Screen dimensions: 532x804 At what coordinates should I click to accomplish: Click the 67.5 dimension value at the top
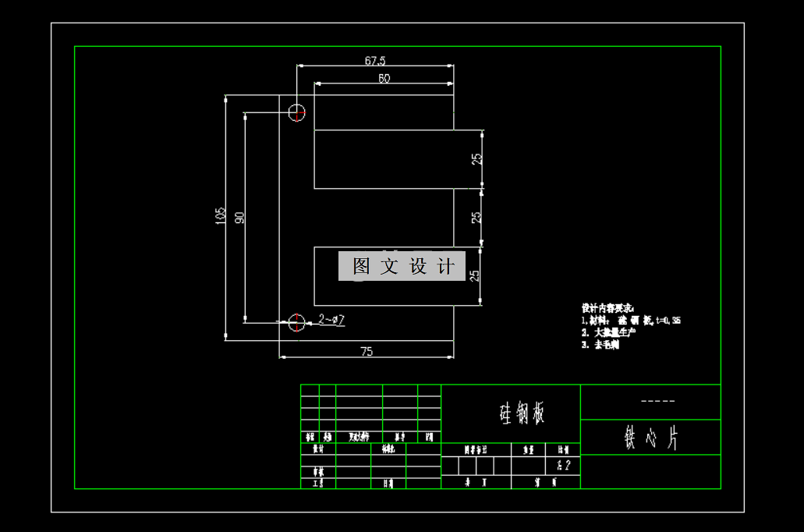point(375,60)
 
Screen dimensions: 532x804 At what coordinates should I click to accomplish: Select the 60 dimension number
point(384,77)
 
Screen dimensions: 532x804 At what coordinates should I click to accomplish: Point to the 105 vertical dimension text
point(221,216)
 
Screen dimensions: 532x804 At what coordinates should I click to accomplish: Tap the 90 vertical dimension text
point(239,217)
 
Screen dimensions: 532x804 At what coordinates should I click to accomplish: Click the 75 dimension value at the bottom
point(367,351)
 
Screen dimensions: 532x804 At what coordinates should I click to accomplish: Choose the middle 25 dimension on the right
point(477,218)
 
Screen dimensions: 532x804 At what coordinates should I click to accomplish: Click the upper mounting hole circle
point(297,112)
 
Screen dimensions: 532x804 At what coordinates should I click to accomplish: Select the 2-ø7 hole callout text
point(332,319)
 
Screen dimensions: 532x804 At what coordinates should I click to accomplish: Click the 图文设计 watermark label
point(402,266)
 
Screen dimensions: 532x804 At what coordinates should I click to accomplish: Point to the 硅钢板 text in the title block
point(521,413)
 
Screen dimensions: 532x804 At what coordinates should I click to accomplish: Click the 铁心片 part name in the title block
point(650,438)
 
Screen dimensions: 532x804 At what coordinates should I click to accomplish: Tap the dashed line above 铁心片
point(657,402)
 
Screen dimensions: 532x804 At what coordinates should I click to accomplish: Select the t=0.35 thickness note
point(668,320)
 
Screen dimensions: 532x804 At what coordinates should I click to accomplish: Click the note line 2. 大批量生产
point(608,332)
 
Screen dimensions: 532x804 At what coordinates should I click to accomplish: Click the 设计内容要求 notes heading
point(608,307)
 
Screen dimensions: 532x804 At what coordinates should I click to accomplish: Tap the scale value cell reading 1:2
point(564,466)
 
